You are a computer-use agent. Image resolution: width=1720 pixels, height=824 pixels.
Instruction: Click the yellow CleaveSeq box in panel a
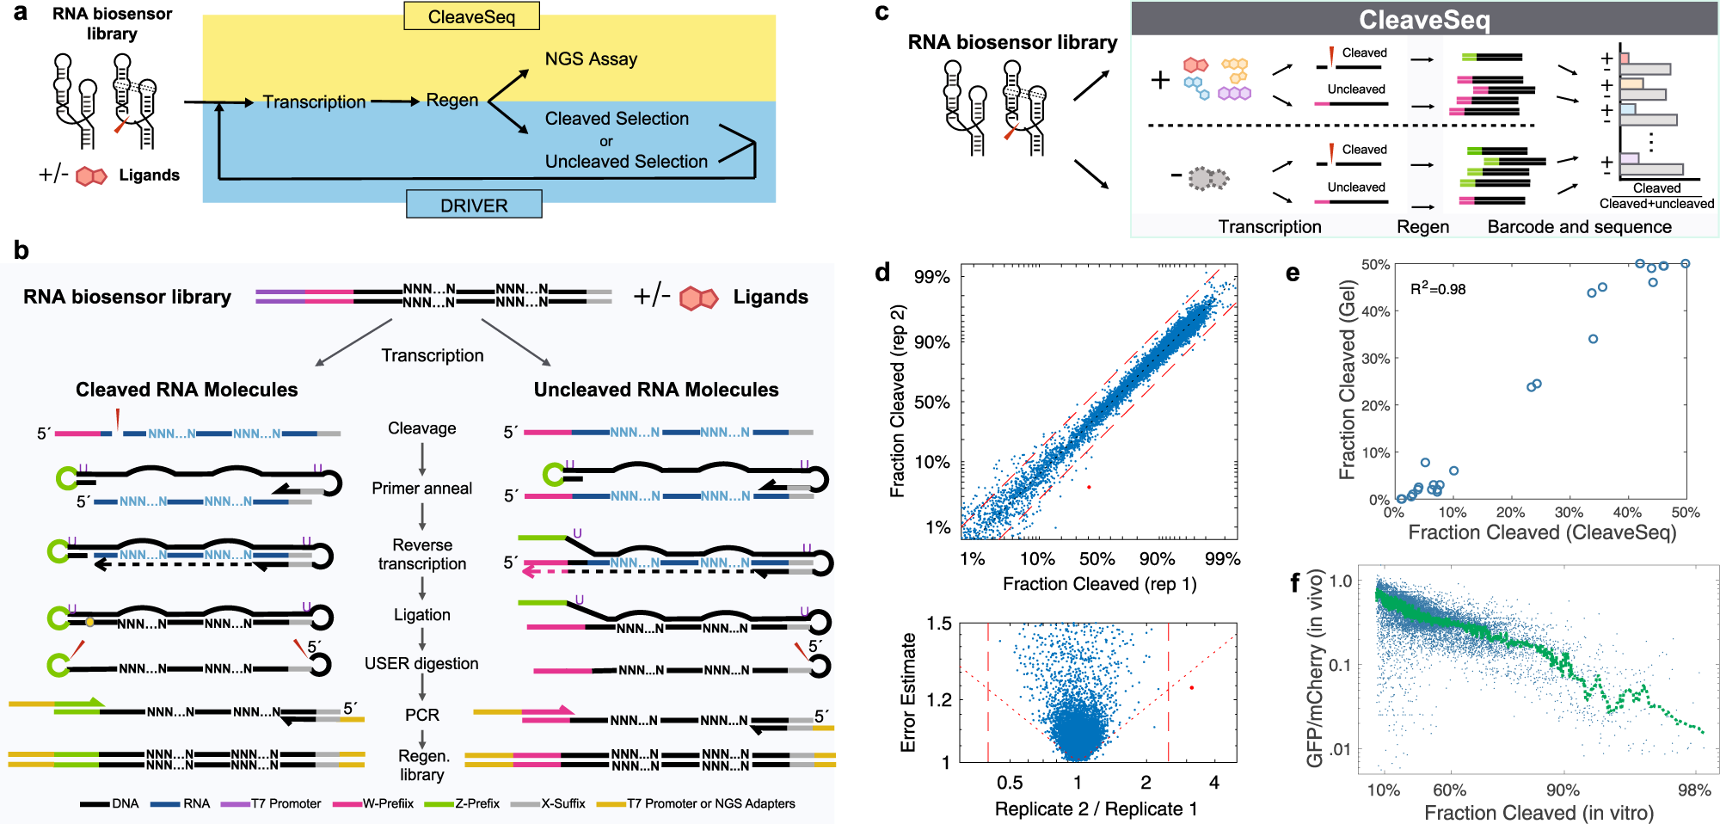click(x=471, y=16)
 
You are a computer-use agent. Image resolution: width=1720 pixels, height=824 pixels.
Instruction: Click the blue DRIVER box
click(x=474, y=206)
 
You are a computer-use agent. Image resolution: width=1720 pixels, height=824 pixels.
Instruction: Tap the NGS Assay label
click(x=591, y=58)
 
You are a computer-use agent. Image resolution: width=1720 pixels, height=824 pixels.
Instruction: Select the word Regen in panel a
click(x=452, y=100)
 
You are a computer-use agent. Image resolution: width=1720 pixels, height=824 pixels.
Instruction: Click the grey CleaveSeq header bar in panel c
click(x=1424, y=19)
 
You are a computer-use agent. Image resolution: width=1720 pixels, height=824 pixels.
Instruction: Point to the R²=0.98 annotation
click(x=1438, y=289)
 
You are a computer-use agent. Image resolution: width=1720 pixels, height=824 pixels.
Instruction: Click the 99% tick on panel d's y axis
click(x=931, y=277)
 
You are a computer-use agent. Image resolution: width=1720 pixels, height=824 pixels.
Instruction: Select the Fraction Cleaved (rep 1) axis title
click(x=1099, y=584)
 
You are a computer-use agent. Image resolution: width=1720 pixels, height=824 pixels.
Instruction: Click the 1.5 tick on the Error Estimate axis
click(x=938, y=624)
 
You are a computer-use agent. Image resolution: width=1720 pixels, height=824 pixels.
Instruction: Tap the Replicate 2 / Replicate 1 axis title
click(x=1096, y=809)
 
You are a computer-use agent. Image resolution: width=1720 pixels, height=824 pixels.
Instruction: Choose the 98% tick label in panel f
click(x=1693, y=790)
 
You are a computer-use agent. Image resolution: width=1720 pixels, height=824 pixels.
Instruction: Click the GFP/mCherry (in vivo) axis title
click(x=1314, y=668)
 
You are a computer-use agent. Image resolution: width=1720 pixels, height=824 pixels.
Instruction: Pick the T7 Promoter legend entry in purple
click(x=286, y=803)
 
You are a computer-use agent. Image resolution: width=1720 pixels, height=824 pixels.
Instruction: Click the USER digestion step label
click(x=421, y=663)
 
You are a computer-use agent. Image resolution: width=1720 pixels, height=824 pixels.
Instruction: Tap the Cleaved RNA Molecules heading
click(x=187, y=390)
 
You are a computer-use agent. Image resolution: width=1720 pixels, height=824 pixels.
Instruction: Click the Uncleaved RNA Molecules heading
click(x=656, y=390)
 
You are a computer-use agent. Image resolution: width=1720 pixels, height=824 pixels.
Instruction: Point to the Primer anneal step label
click(x=421, y=488)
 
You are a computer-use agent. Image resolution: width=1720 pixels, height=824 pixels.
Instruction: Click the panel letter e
click(x=1293, y=274)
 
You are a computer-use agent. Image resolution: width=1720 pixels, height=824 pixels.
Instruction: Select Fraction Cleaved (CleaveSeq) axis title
click(x=1542, y=532)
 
